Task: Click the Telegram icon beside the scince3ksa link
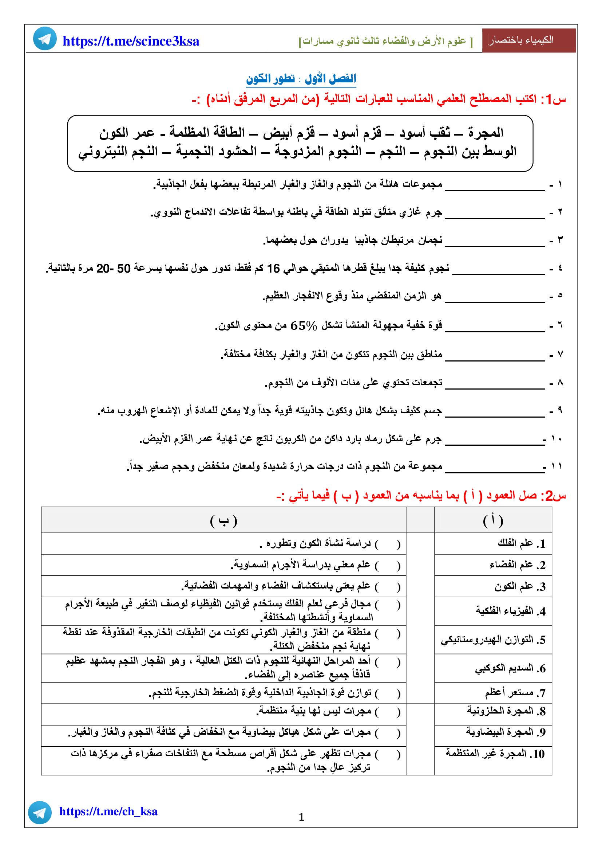[x=45, y=39]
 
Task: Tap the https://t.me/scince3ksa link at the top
[x=131, y=41]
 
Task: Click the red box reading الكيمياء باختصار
[x=528, y=40]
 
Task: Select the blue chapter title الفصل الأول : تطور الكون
[x=301, y=79]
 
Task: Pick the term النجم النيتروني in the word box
[x=118, y=151]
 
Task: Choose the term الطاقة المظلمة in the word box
[x=207, y=133]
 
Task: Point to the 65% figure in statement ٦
[x=304, y=326]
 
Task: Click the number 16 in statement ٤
[x=273, y=268]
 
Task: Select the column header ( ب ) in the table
[x=223, y=521]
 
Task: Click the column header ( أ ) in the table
[x=493, y=521]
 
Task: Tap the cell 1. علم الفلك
[x=521, y=544]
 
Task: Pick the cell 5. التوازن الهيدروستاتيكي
[x=493, y=640]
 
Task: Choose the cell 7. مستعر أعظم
[x=515, y=693]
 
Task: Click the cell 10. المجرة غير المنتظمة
[x=495, y=754]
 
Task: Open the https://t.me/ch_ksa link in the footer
[x=108, y=812]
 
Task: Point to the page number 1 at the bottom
[x=301, y=817]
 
